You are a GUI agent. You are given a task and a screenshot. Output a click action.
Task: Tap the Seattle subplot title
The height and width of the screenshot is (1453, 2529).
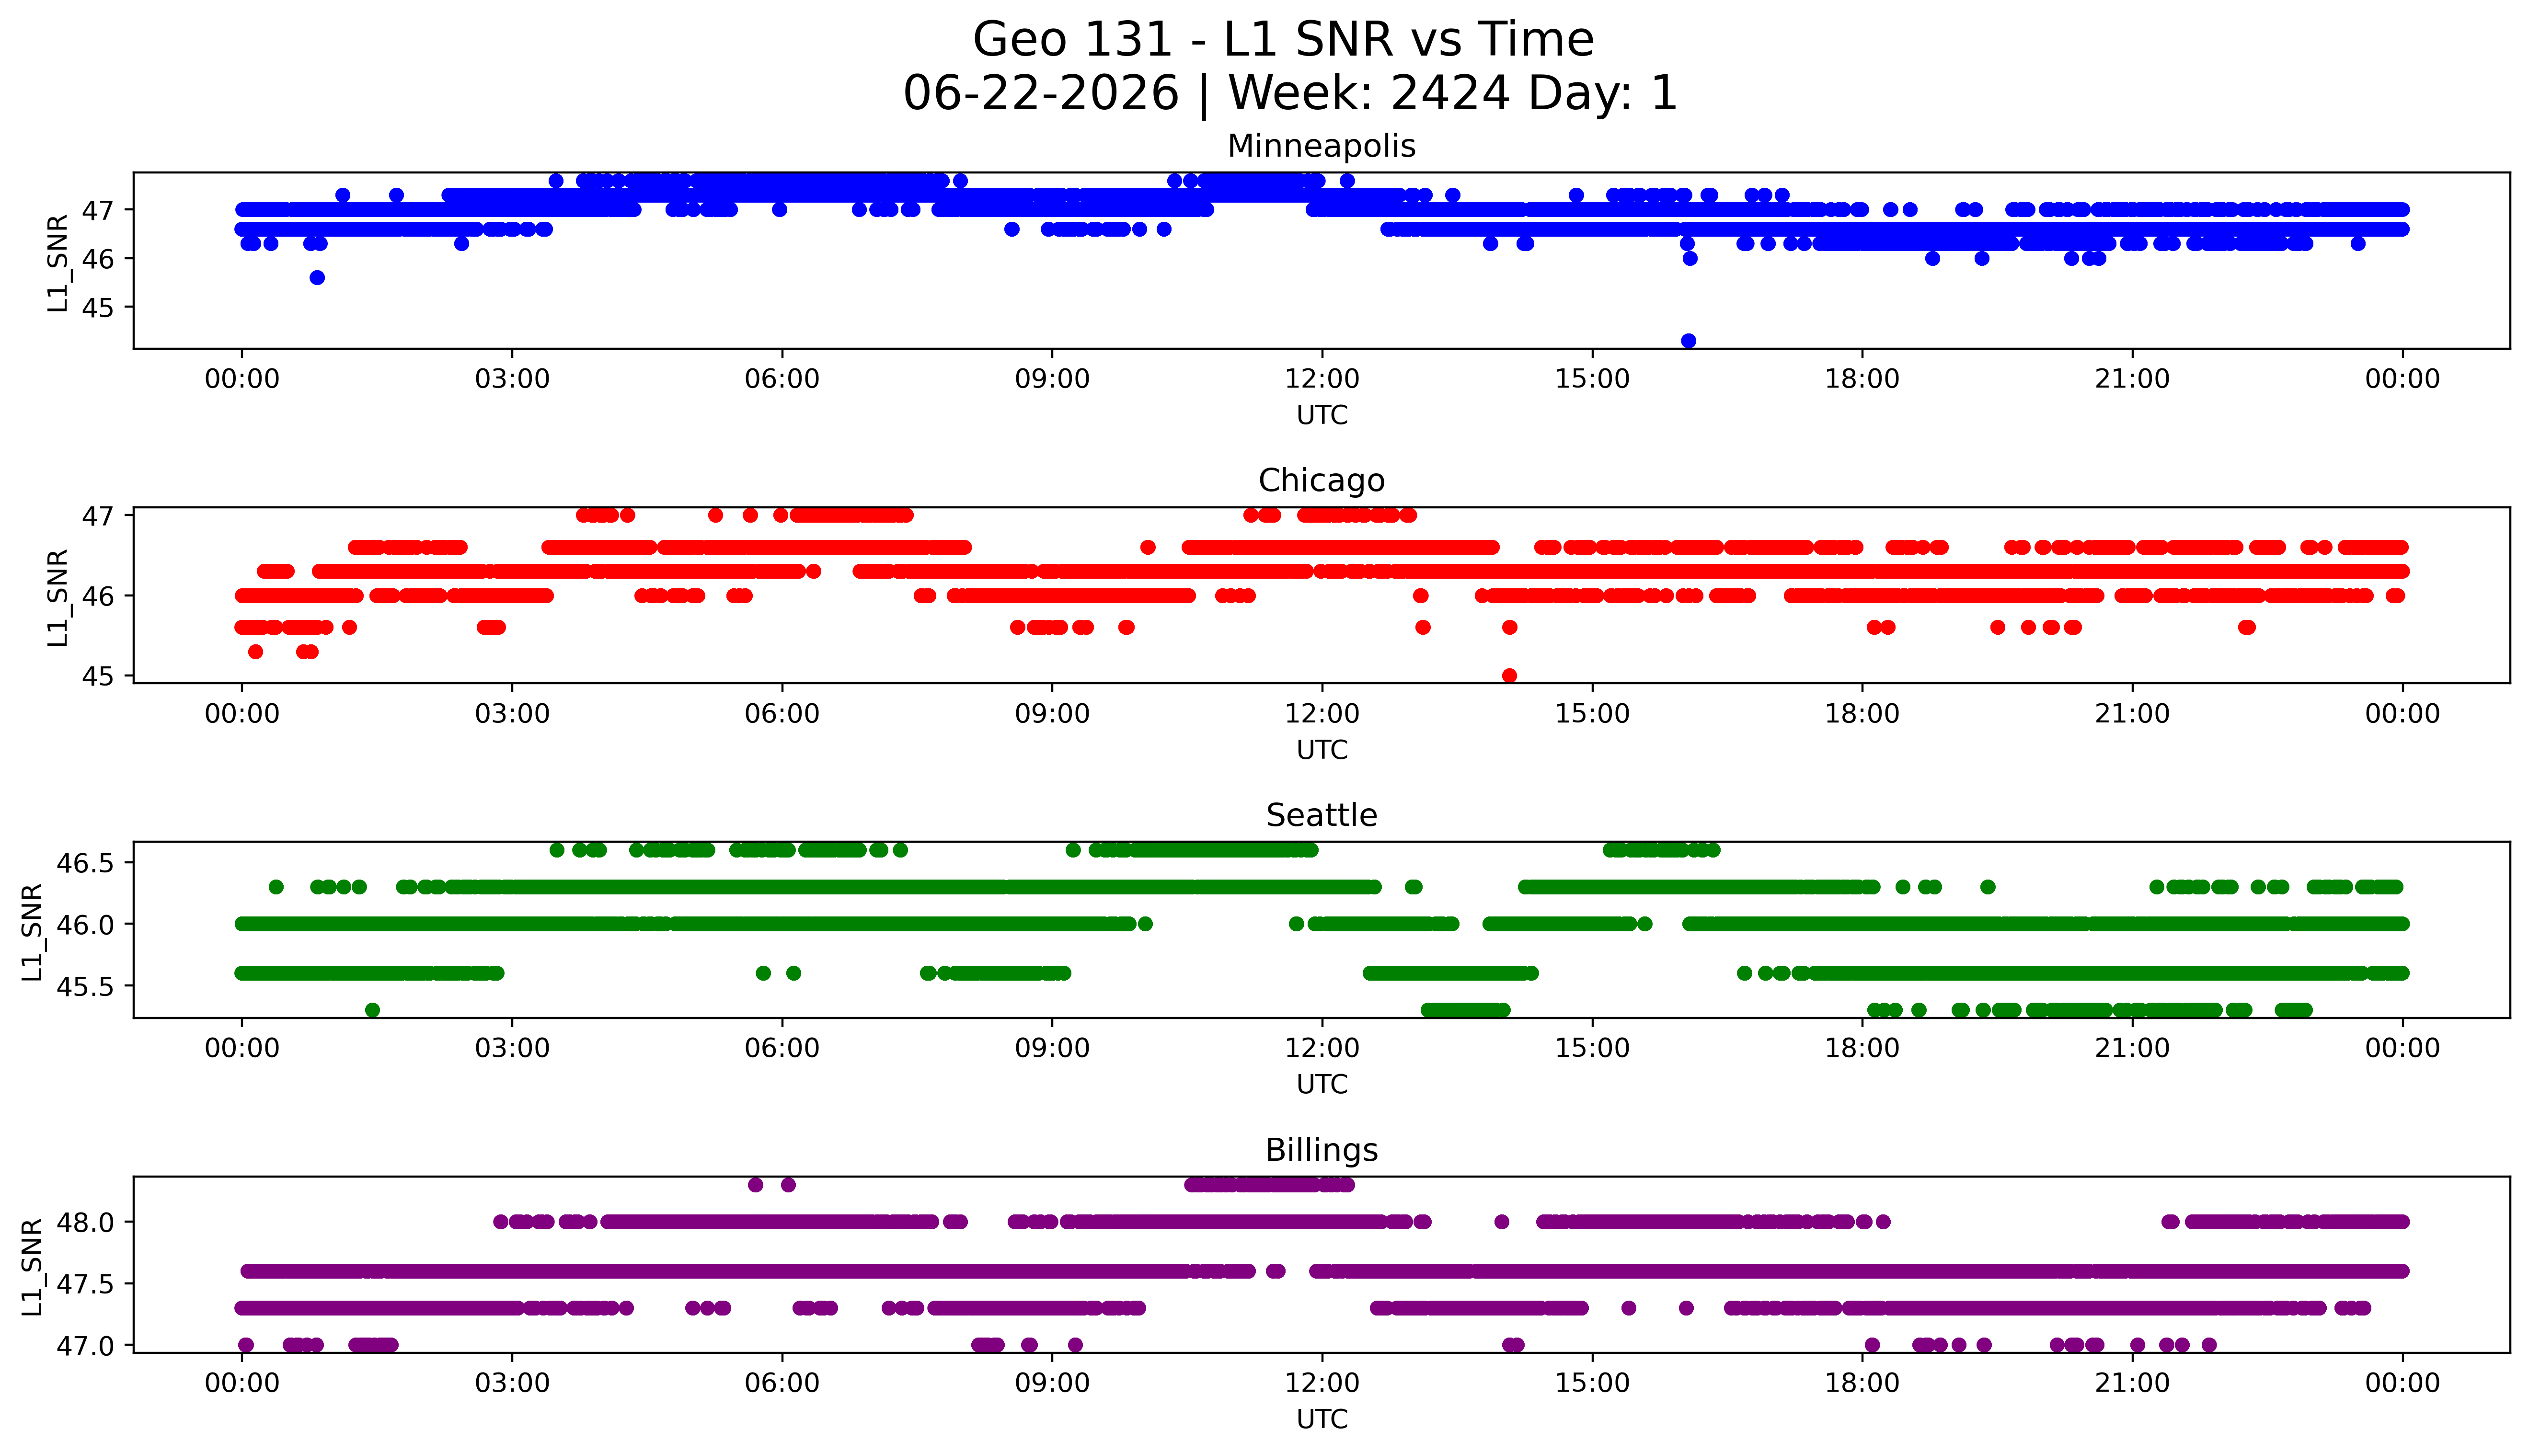pos(1322,815)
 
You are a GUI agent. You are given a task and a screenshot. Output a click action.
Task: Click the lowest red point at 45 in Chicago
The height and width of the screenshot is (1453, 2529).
pos(1509,675)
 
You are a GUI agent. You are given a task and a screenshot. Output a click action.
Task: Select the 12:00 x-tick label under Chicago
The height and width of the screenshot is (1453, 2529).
pos(1322,713)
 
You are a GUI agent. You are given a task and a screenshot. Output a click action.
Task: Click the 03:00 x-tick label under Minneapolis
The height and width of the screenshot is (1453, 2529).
pos(512,379)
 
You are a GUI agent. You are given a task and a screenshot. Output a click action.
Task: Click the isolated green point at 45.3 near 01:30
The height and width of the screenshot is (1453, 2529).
pos(372,1010)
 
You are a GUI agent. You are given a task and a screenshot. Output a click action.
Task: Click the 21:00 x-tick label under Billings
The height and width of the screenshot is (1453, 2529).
pos(2132,1383)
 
